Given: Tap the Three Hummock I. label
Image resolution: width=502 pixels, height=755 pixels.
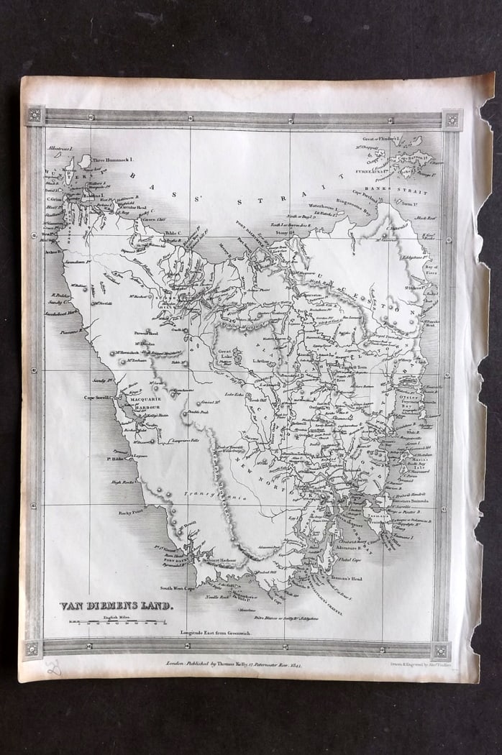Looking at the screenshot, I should pos(113,163).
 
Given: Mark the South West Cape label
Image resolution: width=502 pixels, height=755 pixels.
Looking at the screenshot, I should pos(179,588).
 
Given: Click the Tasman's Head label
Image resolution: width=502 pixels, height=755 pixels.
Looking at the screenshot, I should pos(346,579).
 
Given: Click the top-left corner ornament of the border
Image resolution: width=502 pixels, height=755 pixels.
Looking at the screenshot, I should pos(34,116).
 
